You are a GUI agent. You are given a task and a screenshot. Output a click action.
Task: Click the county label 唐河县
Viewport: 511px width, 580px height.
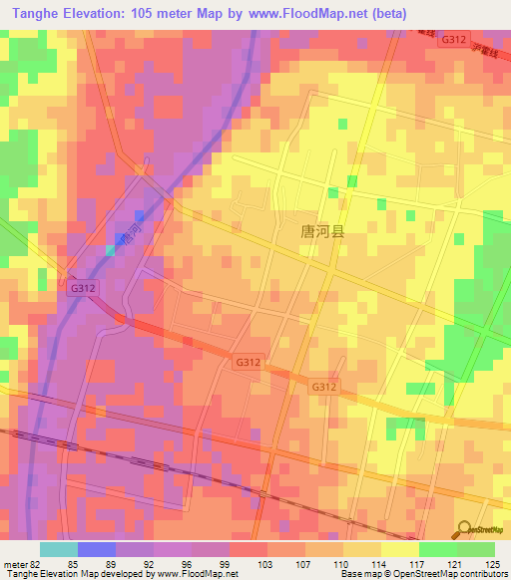[x=322, y=231]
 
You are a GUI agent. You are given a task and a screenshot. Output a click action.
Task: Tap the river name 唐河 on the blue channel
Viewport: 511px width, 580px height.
[x=125, y=236]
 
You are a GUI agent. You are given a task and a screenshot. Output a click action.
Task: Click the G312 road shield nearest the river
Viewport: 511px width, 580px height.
[x=83, y=286]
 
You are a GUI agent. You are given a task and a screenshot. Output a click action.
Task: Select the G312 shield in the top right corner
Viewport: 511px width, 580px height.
[x=454, y=39]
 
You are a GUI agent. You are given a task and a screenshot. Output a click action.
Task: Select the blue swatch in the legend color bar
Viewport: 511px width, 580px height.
[x=97, y=549]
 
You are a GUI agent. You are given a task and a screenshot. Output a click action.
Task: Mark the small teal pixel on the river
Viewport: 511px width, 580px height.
[x=110, y=249]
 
